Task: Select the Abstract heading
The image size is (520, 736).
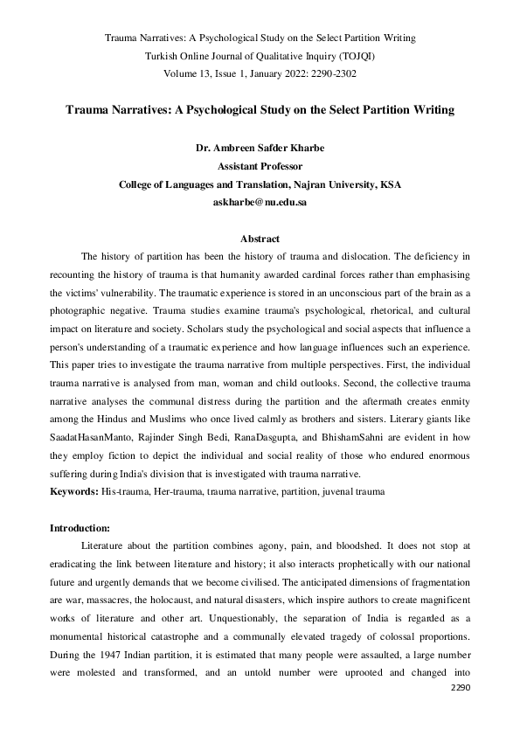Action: [260, 240]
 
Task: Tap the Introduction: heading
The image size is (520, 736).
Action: [80, 528]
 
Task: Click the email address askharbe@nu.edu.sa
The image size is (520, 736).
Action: [260, 202]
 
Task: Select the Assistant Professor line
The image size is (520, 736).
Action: [260, 167]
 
